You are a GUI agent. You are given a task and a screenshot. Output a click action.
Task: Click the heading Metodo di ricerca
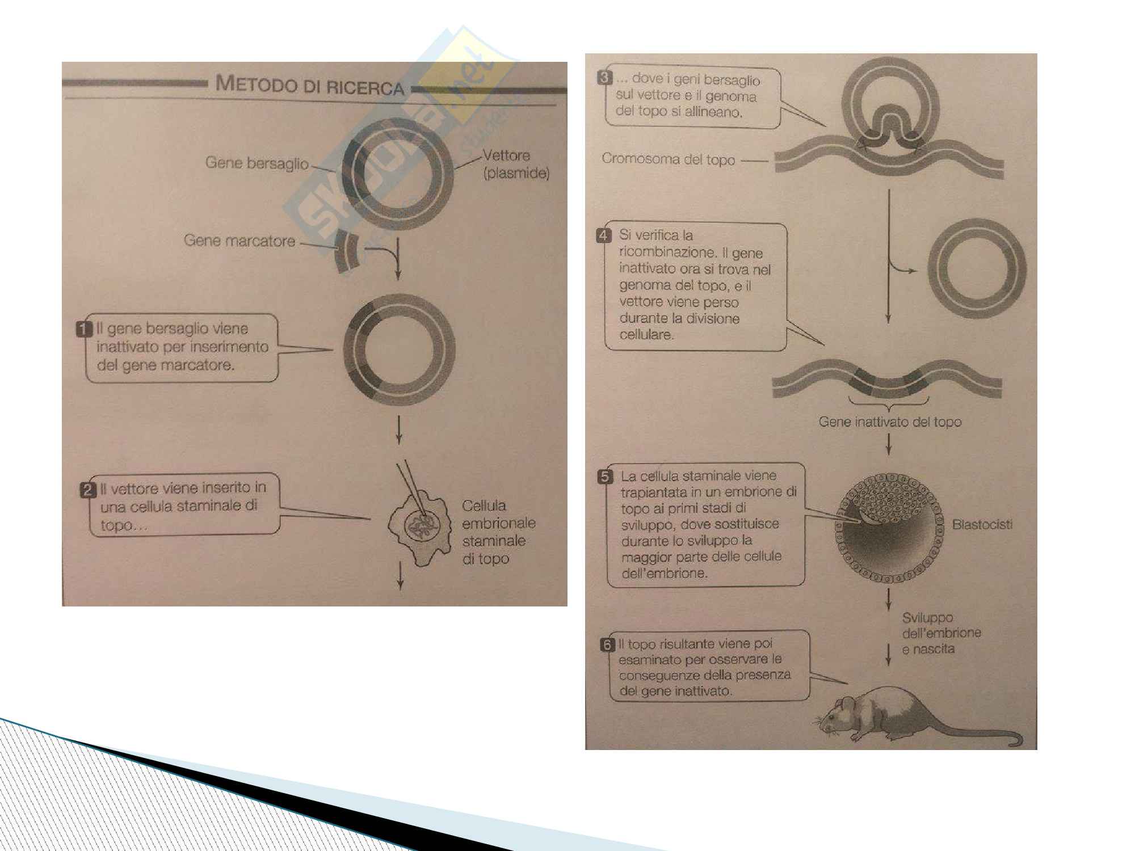[310, 86]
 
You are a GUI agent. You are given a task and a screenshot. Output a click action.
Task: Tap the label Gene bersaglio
[257, 163]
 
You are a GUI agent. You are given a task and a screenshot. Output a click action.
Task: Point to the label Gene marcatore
[239, 241]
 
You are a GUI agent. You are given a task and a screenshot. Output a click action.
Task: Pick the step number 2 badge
[87, 490]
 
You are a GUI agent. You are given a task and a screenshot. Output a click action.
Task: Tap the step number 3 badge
[605, 78]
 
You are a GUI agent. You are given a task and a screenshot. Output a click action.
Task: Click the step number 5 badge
[606, 477]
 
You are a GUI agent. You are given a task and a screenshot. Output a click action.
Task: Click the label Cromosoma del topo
[668, 159]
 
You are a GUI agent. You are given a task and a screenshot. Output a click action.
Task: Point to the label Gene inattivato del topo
[890, 422]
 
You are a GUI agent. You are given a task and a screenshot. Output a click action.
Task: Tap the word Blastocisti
[982, 525]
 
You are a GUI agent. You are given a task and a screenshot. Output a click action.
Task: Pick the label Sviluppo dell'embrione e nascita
[941, 633]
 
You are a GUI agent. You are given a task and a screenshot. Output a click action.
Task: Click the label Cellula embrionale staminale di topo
[498, 532]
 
